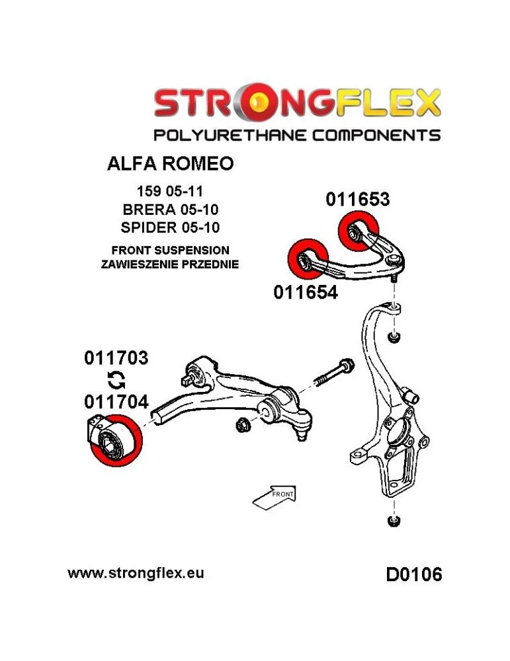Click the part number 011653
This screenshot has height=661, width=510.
[357, 199]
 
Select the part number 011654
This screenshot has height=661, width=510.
[306, 292]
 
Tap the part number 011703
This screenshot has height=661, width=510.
[116, 358]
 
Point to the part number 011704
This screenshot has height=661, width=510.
[116, 401]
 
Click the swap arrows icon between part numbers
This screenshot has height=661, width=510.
[115, 379]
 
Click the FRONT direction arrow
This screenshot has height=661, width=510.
[274, 497]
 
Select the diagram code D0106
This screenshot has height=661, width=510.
[414, 574]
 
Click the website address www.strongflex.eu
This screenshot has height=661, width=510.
[136, 572]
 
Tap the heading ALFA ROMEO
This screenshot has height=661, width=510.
[170, 163]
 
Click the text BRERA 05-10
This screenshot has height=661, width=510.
[170, 210]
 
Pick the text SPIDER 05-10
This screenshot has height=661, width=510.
[170, 227]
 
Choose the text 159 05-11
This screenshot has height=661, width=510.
[170, 193]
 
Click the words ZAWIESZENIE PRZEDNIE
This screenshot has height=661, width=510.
[170, 264]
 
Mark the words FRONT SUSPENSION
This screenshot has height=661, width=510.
[170, 251]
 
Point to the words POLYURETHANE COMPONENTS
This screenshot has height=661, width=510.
[296, 136]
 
